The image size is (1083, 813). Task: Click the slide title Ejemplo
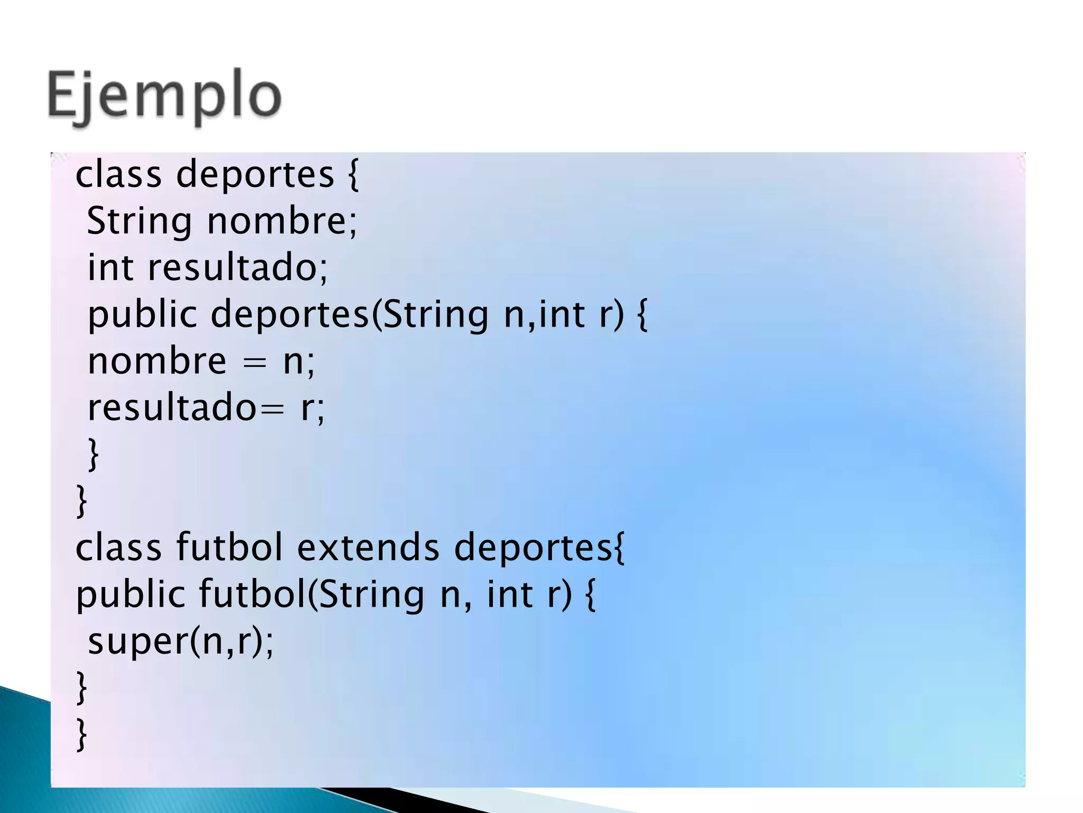tap(164, 96)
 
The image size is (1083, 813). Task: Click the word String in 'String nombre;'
tap(139, 221)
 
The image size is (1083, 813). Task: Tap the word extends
tap(368, 547)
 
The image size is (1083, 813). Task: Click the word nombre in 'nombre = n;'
tap(157, 362)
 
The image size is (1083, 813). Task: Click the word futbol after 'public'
tap(252, 594)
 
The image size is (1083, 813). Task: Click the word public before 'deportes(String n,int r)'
tap(142, 315)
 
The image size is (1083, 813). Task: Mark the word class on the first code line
tap(118, 175)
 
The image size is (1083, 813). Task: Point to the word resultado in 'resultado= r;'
tap(172, 408)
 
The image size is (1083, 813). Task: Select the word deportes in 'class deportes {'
tap(255, 175)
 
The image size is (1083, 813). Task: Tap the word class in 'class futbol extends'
tap(118, 547)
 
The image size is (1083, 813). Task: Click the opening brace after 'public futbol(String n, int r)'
tap(591, 595)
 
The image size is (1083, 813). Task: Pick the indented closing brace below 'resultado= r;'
tap(94, 454)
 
